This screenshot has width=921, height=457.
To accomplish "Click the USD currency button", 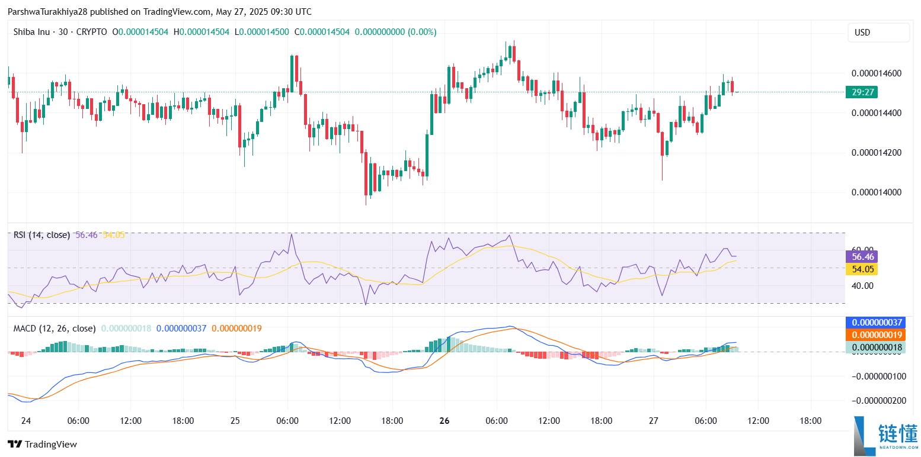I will (x=878, y=33).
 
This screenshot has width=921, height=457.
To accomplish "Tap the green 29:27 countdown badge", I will (x=861, y=92).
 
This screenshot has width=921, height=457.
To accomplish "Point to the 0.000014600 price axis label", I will (x=876, y=73).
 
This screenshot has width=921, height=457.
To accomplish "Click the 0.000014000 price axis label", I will (x=876, y=192).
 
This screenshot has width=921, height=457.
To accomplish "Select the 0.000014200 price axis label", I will (x=876, y=153).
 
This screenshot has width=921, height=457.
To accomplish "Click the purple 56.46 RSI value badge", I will (x=861, y=256).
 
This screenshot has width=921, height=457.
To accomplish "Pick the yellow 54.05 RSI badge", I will (x=861, y=269).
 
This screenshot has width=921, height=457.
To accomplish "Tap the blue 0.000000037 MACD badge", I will (x=876, y=323).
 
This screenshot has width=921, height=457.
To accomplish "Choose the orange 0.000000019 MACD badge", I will (x=876, y=335).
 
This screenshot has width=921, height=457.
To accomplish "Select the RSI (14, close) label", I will (x=41, y=235).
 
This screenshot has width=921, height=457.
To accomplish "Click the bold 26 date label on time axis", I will (x=444, y=421).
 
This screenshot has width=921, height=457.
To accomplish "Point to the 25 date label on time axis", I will (x=235, y=421).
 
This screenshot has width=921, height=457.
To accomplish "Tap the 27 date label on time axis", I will (x=654, y=421).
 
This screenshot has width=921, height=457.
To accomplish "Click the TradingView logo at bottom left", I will (x=42, y=444).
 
